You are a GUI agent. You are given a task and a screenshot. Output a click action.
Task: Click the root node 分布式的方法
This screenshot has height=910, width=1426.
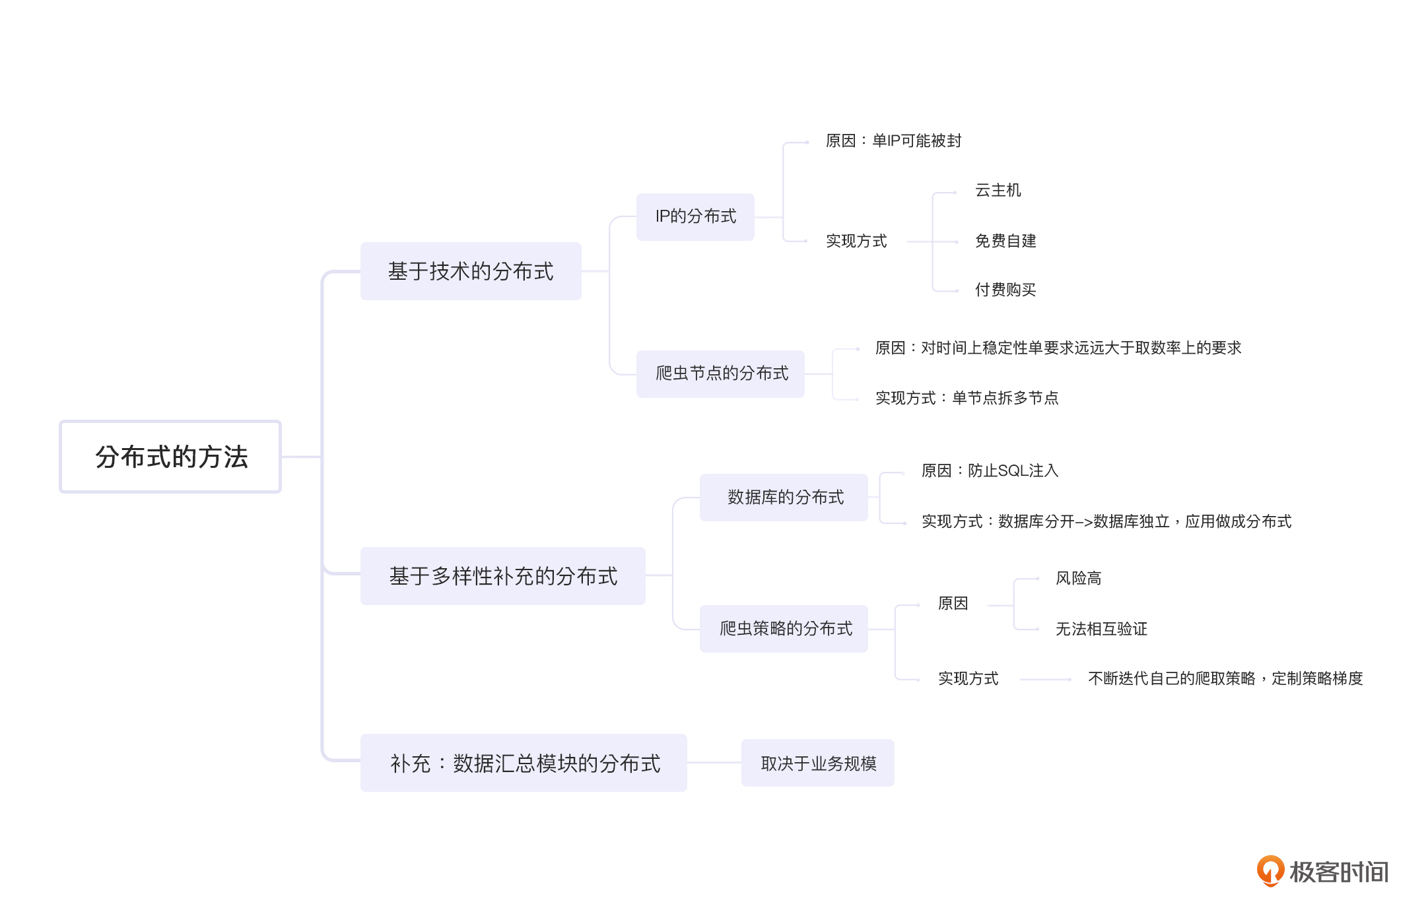pos(170,457)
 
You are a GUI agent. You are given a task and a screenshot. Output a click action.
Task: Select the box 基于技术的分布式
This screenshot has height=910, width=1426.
pos(471,271)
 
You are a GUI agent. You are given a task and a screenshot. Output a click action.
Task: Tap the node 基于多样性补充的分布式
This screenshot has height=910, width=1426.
pos(502,576)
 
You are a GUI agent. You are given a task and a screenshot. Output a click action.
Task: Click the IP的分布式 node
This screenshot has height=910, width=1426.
pos(695,216)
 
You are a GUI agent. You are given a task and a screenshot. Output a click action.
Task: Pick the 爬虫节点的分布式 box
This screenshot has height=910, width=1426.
pos(720,374)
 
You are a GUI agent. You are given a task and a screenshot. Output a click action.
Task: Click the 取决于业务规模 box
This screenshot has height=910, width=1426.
pos(817,763)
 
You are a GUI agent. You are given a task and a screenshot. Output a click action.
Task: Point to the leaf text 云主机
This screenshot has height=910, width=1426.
pos(998,191)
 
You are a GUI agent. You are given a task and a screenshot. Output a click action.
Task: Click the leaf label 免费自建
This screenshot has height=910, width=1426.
pos(1005,241)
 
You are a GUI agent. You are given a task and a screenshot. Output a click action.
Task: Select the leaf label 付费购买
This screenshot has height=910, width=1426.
pos(1005,290)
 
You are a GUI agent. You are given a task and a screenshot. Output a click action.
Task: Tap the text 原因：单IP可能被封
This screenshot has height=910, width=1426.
pos(893,141)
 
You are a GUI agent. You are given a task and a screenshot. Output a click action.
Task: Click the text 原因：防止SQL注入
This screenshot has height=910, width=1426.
pos(989,471)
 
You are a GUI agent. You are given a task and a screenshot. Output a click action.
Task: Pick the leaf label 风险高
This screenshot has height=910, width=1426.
pos(1078,579)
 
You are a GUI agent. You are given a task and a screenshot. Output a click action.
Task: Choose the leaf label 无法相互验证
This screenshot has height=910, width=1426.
pos(1101,629)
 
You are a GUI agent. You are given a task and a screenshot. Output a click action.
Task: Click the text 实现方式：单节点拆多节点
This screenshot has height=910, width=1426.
pos(967,398)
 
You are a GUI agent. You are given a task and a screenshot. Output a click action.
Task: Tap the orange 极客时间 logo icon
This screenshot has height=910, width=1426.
pos(1270,870)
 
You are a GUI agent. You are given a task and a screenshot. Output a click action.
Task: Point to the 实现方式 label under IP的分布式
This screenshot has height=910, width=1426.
pos(856,241)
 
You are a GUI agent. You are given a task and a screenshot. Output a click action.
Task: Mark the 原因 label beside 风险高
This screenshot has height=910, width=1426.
pos(953,603)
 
